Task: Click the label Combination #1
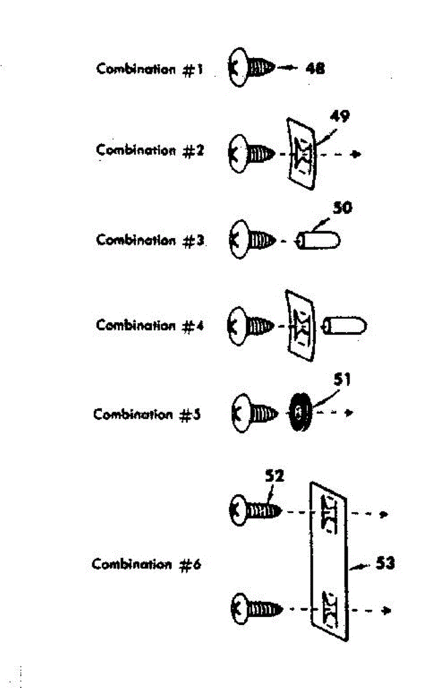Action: tap(150, 69)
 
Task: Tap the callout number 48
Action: tap(315, 68)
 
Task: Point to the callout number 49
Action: tap(340, 117)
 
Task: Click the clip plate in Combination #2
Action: tap(301, 154)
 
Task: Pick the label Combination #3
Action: tap(150, 240)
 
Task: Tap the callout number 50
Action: tap(342, 208)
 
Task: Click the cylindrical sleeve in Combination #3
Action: tap(319, 240)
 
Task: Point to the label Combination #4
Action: tap(150, 326)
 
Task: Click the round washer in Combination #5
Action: tap(298, 412)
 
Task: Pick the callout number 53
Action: tap(384, 564)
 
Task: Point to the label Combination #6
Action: tap(147, 564)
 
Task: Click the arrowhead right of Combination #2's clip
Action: tap(357, 154)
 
